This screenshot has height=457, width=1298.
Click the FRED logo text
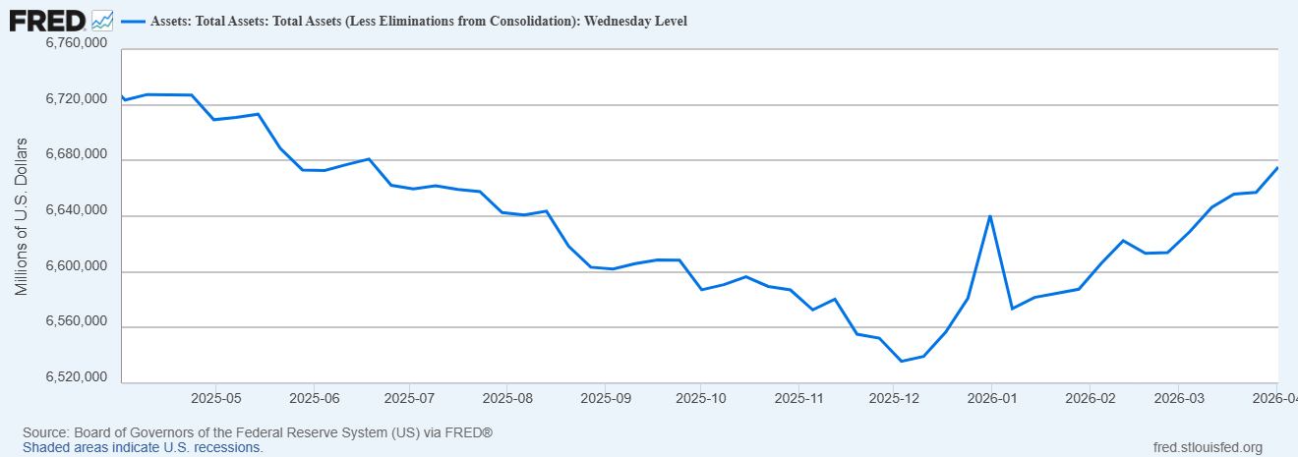click(46, 20)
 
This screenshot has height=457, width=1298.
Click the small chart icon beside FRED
click(102, 20)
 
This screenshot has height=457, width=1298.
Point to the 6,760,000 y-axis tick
click(77, 44)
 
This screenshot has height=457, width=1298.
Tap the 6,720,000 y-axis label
click(77, 100)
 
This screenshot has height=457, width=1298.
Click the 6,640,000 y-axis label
click(77, 211)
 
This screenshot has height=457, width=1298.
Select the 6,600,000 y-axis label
click(77, 267)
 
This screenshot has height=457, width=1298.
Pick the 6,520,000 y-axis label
click(77, 378)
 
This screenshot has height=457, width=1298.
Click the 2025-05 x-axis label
click(215, 399)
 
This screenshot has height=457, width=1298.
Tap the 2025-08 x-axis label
click(506, 399)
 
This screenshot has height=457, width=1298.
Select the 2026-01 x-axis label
click(991, 399)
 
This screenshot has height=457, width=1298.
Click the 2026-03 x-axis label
click(1179, 399)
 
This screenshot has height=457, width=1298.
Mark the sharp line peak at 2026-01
click(990, 215)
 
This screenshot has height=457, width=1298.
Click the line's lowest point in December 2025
click(902, 361)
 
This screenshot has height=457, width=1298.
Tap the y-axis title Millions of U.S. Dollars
click(22, 217)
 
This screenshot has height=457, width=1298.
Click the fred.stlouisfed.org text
click(1207, 447)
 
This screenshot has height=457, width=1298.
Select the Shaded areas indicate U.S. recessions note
click(143, 447)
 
